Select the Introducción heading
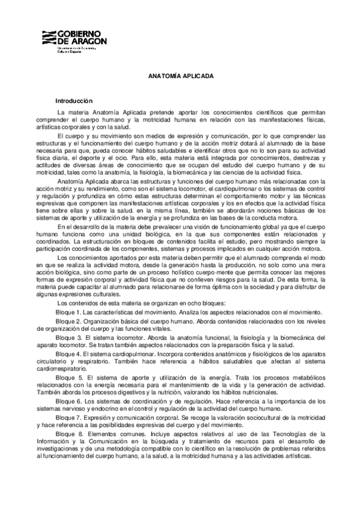click(x=75, y=101)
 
